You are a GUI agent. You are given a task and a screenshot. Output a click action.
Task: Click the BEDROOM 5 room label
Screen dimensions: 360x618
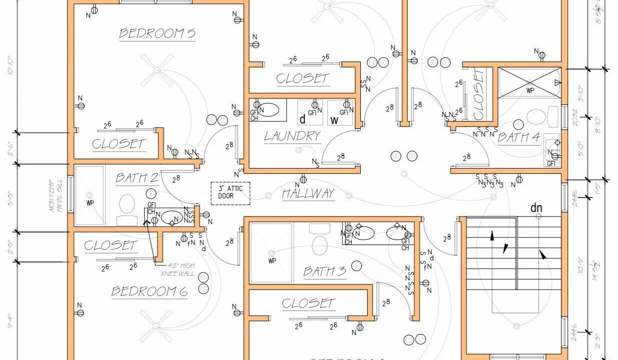[157, 34]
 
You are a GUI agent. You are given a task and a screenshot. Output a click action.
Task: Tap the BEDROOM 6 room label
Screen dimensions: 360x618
[150, 291]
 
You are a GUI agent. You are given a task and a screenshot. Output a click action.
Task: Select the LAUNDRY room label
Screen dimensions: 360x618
[292, 136]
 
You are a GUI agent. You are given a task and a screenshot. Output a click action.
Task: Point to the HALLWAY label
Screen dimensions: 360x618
[308, 194]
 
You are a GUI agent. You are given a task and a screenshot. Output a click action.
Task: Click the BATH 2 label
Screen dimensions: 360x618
[137, 178]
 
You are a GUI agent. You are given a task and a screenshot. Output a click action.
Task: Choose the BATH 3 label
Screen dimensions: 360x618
[324, 271]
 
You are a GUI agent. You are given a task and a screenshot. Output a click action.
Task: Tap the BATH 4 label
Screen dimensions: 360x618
[518, 137]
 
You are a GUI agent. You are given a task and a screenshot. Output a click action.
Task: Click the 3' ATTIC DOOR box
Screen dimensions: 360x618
[230, 193]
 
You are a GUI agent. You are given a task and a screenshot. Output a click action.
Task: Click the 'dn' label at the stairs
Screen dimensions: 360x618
[536, 207]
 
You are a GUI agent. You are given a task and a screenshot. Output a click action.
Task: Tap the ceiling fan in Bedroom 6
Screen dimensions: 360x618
[157, 325]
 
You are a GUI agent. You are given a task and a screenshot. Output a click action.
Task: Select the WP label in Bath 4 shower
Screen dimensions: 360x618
[530, 91]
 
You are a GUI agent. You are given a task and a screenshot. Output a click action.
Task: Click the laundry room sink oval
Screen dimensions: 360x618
[269, 109]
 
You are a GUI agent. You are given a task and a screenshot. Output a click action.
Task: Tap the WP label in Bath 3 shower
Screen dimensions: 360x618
[272, 260]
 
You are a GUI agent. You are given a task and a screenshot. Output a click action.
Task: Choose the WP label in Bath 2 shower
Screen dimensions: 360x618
[90, 203]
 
